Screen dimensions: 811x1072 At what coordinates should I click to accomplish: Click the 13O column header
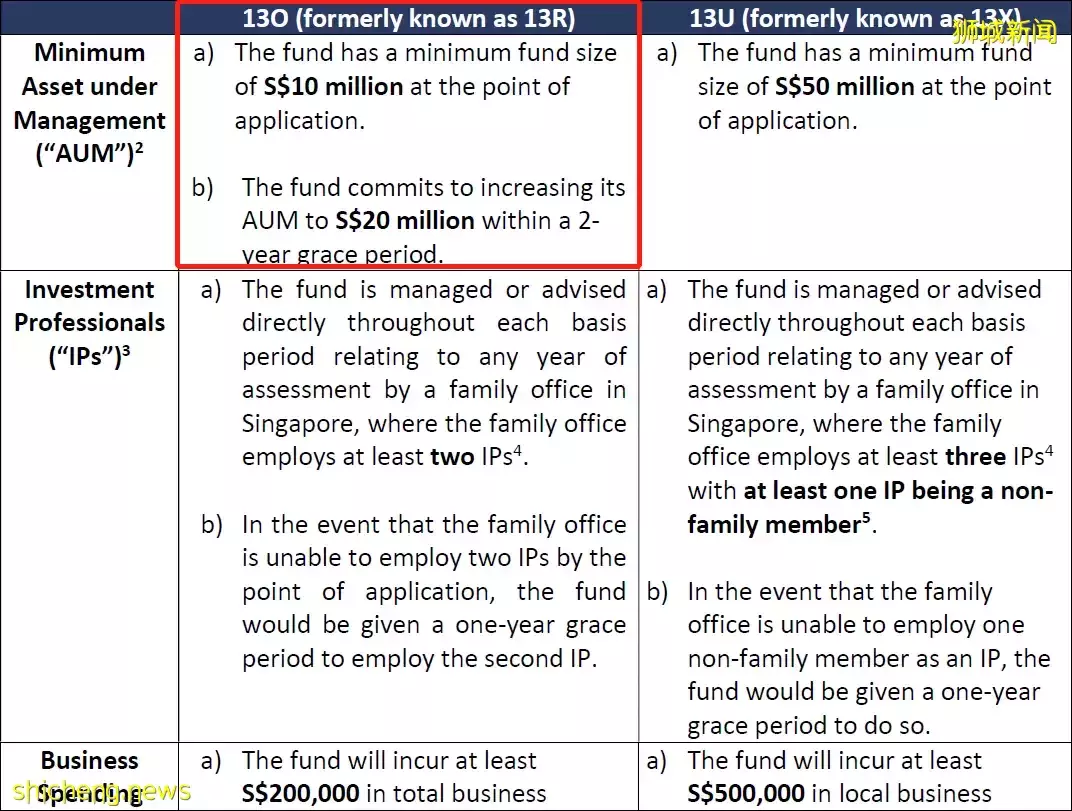[x=409, y=18]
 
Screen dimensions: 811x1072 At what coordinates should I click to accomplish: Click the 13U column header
[x=855, y=18]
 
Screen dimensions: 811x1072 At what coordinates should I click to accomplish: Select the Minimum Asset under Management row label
[x=90, y=103]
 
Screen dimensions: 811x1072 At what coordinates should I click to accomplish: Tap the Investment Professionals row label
[x=90, y=306]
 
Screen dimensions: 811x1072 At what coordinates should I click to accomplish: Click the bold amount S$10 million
[x=333, y=87]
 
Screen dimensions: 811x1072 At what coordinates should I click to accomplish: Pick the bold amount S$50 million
[x=844, y=87]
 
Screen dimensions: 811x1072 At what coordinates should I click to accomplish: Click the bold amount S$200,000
[x=300, y=794]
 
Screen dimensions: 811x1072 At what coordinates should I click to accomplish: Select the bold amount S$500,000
[x=746, y=794]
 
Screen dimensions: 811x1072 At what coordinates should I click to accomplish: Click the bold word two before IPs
[x=452, y=458]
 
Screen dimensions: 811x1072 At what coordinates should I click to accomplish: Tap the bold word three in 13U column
[x=975, y=458]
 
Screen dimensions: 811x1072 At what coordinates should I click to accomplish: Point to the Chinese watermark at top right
[x=1004, y=32]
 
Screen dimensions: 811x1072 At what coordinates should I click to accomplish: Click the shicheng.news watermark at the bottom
[x=96, y=792]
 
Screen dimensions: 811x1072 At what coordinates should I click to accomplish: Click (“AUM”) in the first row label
[x=85, y=155]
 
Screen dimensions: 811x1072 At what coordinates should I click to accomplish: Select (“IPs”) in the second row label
[x=84, y=357]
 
